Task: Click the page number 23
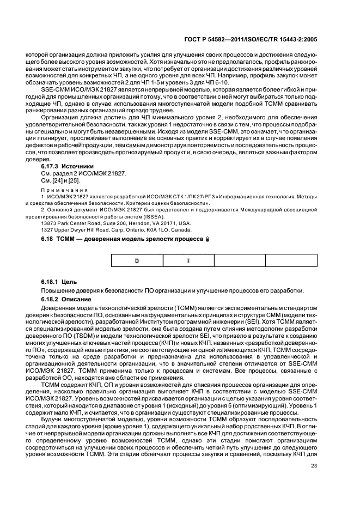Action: point(313,465)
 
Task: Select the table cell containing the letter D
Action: point(137,260)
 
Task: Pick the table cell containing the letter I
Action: point(188,260)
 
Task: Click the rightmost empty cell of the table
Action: point(290,260)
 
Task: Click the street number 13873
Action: point(50,222)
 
